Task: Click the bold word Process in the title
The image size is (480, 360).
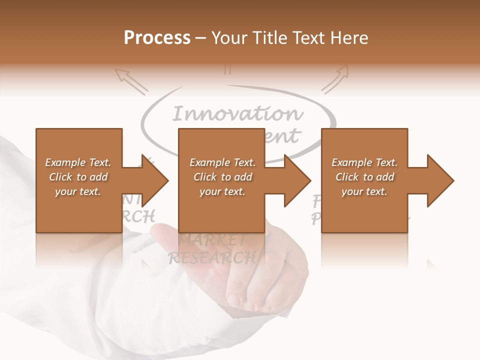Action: click(x=157, y=38)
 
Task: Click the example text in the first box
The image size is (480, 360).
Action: click(x=78, y=177)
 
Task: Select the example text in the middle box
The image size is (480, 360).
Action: click(x=222, y=177)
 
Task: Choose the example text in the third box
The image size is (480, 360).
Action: click(x=364, y=177)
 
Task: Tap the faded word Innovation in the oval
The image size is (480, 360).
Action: click(x=237, y=114)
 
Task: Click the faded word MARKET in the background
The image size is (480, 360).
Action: click(x=212, y=240)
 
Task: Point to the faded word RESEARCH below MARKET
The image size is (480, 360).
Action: click(x=212, y=257)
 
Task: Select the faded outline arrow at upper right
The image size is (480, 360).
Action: click(x=335, y=79)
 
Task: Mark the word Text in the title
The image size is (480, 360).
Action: click(x=309, y=38)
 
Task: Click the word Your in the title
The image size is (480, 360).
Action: click(x=230, y=38)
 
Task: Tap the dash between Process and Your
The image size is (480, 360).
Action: click(x=201, y=38)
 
